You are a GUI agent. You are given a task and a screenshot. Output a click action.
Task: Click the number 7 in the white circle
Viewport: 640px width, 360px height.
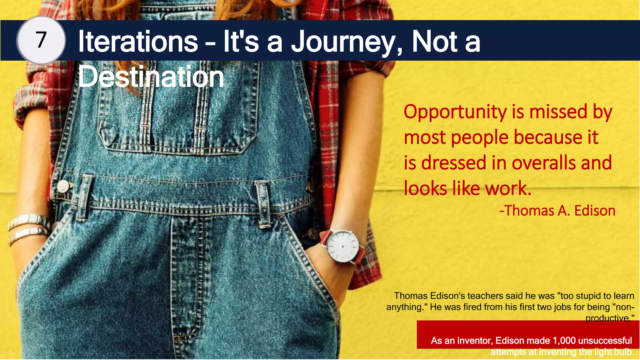(x=41, y=40)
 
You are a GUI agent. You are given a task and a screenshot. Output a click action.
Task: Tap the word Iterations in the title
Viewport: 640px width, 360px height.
(x=138, y=41)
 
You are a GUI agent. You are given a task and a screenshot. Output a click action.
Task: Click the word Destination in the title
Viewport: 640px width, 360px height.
(x=151, y=77)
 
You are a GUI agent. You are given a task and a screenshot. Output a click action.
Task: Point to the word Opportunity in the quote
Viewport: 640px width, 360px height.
(x=455, y=112)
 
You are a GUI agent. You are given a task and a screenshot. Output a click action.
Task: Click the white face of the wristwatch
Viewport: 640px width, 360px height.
(x=343, y=246)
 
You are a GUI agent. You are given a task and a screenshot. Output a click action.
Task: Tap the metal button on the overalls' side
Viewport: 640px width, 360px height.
(x=63, y=187)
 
